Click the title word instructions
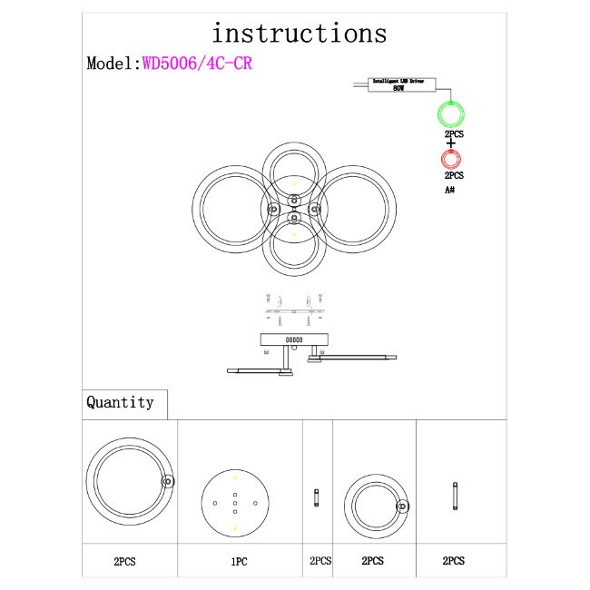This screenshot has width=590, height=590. pyautogui.click(x=299, y=34)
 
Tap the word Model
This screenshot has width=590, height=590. pyautogui.click(x=111, y=64)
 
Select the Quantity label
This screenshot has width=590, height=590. pyautogui.click(x=120, y=402)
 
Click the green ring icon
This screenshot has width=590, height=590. pyautogui.click(x=452, y=115)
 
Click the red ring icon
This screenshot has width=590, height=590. pyautogui.click(x=452, y=161)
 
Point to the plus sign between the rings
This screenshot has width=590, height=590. pyautogui.click(x=452, y=142)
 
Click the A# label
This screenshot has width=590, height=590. pyautogui.click(x=450, y=190)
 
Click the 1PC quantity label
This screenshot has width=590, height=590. pyautogui.click(x=239, y=562)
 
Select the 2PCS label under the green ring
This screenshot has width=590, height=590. pyautogui.click(x=454, y=134)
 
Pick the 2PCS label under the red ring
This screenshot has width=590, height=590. pyautogui.click(x=454, y=175)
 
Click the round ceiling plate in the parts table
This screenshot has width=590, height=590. pyautogui.click(x=234, y=502)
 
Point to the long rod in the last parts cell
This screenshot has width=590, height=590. pyautogui.click(x=455, y=497)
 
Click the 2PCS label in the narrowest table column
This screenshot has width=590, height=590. pyautogui.click(x=320, y=562)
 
